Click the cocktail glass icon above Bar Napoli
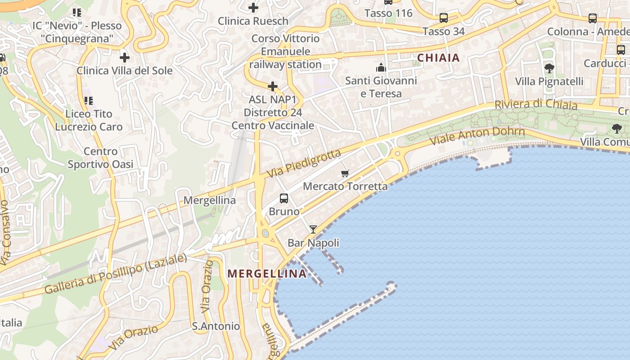point(313,229)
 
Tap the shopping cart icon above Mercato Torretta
point(345,173)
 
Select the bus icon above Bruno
point(284,198)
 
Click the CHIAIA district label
point(438,58)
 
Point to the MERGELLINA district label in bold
point(267,274)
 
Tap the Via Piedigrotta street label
point(304,163)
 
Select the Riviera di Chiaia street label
point(535,104)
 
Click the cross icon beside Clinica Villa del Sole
point(125,58)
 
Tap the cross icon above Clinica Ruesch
point(253,8)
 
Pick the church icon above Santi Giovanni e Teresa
point(381,68)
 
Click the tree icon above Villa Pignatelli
point(549,68)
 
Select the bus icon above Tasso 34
point(444,18)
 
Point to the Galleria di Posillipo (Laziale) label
point(116,274)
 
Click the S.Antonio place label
point(216,326)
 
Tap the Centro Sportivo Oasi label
point(100,158)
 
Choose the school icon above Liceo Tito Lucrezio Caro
point(88,101)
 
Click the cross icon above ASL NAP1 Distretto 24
point(273,86)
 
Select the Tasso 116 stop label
point(388,13)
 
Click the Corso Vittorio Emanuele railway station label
point(285,51)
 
